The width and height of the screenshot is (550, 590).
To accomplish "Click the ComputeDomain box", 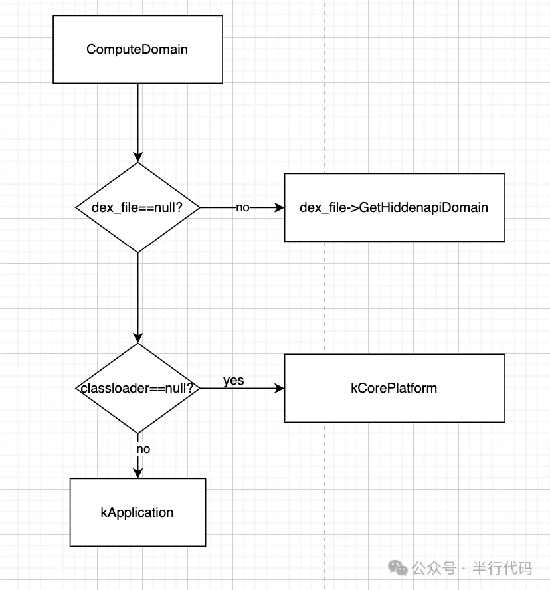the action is (137, 49).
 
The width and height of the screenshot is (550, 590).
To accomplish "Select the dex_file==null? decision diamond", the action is (137, 207).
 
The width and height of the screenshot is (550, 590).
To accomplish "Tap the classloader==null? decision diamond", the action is (137, 388).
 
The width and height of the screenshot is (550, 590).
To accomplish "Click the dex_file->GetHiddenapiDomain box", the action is (395, 207).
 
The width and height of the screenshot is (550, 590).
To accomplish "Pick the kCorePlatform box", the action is (395, 388).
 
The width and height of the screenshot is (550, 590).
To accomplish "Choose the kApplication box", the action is (137, 512).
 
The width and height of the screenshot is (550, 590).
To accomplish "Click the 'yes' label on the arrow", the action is (234, 381).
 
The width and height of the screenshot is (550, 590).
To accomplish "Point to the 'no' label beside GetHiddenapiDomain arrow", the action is (242, 207).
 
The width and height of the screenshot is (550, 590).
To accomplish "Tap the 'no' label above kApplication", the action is (143, 449).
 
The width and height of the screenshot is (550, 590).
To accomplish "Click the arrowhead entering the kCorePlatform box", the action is (280, 388).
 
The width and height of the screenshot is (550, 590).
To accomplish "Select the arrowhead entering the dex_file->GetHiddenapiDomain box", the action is (280, 207).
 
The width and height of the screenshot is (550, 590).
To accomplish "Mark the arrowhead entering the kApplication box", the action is (137, 473).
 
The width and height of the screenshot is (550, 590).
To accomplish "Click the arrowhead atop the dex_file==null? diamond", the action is (137, 157).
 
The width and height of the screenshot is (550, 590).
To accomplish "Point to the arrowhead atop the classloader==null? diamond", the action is (137, 338).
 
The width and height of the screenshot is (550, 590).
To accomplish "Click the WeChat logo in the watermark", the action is (398, 568).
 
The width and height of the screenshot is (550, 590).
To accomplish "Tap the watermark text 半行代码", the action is (502, 568).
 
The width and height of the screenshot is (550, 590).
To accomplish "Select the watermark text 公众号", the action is (434, 568).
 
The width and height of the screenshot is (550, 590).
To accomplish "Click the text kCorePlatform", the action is (394, 388).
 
